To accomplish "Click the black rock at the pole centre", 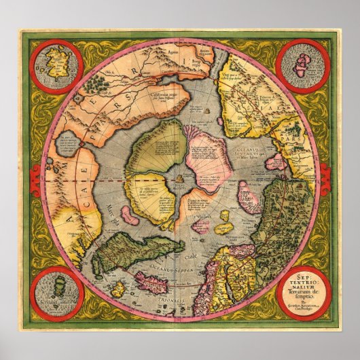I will (x=179, y=178).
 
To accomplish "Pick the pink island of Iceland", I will (x=162, y=281).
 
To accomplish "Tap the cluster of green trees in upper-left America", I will (x=99, y=84).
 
